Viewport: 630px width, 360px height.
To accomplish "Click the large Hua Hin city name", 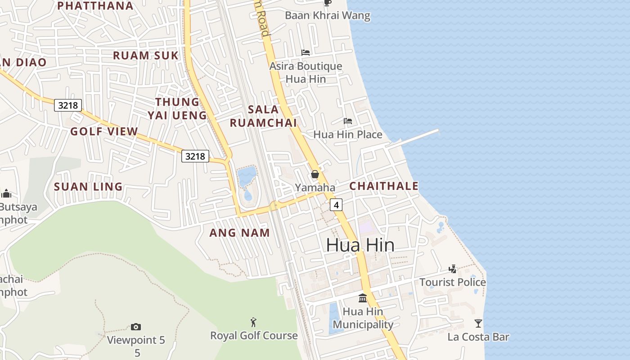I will (x=360, y=245).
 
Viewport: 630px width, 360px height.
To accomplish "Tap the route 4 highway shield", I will (x=336, y=205).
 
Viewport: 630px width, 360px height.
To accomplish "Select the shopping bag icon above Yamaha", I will (x=315, y=174).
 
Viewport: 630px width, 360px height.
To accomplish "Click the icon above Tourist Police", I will (x=453, y=269).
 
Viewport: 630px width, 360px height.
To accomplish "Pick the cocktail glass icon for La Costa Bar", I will (x=478, y=323).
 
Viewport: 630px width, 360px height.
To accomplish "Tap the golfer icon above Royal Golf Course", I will (x=254, y=322).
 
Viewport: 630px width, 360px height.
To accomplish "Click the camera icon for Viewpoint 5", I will (x=136, y=327).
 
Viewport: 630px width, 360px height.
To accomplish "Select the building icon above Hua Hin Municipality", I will (x=363, y=298).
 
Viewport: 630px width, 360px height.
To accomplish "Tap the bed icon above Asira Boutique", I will (x=306, y=53).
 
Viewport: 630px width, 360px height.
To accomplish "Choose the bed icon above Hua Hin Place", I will (x=348, y=121).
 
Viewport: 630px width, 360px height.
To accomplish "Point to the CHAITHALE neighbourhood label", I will (x=384, y=186).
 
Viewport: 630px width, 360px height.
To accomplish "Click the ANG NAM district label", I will (x=240, y=233).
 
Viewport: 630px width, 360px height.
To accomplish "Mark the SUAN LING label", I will (x=88, y=186).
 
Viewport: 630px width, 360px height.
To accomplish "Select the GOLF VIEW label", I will (x=104, y=131).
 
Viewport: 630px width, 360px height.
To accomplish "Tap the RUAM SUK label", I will (x=145, y=55).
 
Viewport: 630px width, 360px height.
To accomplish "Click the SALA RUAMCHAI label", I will (x=263, y=116).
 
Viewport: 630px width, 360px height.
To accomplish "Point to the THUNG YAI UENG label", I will (x=177, y=108).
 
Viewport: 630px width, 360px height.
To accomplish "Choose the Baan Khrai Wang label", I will (x=328, y=16).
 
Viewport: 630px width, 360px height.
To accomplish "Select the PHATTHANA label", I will (x=96, y=6).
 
